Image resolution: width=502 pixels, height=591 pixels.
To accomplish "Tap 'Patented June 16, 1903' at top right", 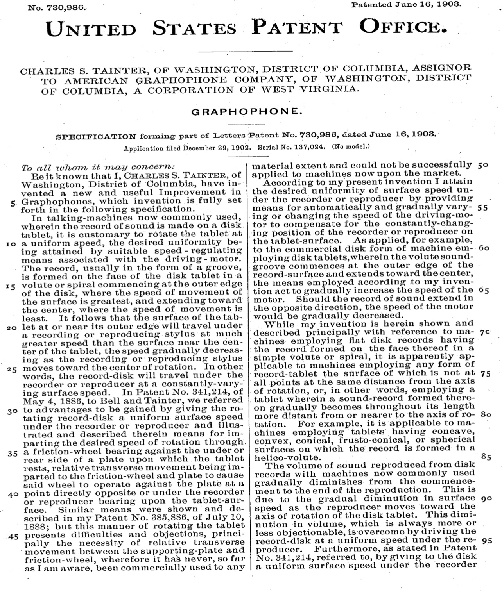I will [x=407, y=5].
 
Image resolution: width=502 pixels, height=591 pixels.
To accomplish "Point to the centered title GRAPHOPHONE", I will [x=246, y=112].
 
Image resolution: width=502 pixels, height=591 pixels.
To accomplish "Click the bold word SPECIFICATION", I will [x=96, y=137].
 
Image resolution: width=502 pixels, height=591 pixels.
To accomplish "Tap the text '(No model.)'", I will [x=351, y=148].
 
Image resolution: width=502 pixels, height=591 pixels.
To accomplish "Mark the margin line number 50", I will [x=483, y=165].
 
